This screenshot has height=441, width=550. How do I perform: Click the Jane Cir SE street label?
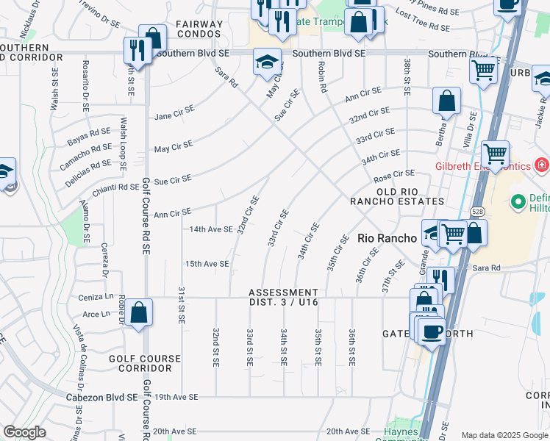click(x=174, y=115)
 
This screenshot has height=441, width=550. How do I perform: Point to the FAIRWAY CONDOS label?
click(x=199, y=29)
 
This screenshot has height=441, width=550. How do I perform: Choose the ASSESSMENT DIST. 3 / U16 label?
click(x=284, y=297)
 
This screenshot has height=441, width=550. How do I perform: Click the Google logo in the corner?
click(x=24, y=431)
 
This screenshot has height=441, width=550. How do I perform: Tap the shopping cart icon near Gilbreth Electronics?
click(x=496, y=154)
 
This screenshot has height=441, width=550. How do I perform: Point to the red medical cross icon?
click(x=542, y=165)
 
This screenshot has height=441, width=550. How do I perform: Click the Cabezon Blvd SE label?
click(x=108, y=397)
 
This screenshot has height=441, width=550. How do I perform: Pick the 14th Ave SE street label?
click(x=210, y=229)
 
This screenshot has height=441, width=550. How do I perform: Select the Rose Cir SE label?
click(x=394, y=175)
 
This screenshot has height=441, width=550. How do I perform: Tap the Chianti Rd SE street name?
click(x=115, y=187)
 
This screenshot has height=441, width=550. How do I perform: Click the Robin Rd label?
click(x=322, y=76)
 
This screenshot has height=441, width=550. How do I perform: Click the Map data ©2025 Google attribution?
click(x=504, y=435)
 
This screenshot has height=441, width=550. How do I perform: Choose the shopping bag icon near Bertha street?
click(x=446, y=101)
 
